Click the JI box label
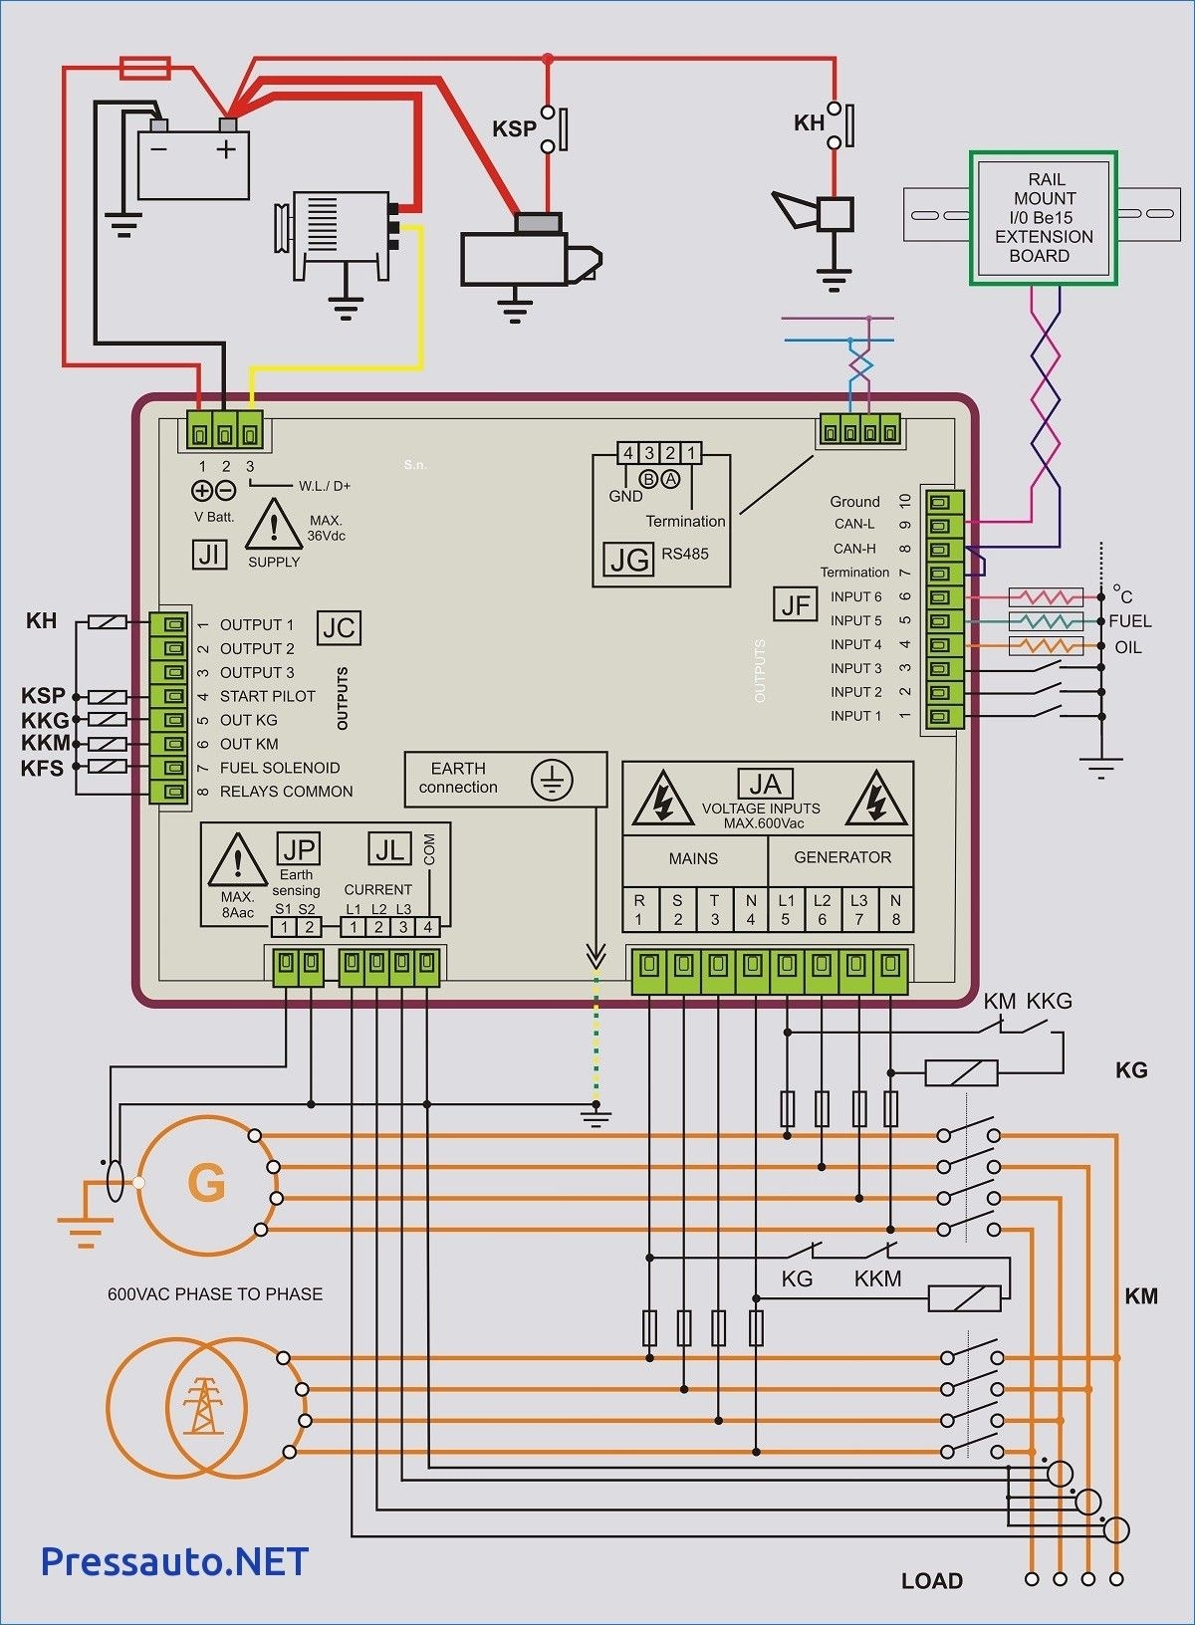tap(209, 554)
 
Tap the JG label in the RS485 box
tap(629, 561)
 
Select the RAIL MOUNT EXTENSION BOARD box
tap(1043, 218)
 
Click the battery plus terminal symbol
tap(227, 149)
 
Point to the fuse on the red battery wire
tap(145, 69)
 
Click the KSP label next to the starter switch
tap(514, 129)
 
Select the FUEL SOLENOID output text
tap(280, 768)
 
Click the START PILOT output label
tap(267, 696)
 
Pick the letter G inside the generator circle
tap(206, 1183)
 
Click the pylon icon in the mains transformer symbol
tap(203, 1405)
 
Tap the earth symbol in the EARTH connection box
tap(551, 779)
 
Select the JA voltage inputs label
tap(764, 785)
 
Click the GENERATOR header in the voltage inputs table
tap(842, 857)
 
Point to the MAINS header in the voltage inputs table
tap(693, 858)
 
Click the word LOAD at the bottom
tap(932, 1580)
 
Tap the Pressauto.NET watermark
tap(174, 1560)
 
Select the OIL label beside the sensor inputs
tap(1127, 647)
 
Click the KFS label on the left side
tap(42, 768)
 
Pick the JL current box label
tap(389, 849)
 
